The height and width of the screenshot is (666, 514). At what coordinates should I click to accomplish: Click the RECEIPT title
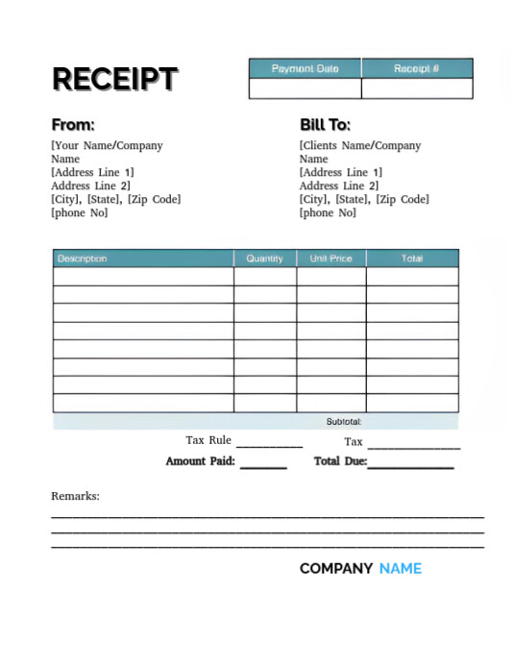(114, 79)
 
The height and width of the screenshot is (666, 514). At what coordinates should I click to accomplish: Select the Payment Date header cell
(305, 69)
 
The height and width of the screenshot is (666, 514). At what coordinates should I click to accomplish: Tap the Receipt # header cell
(417, 69)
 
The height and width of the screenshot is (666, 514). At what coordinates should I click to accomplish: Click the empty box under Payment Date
(305, 88)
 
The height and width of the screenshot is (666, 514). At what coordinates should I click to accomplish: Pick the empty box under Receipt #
(417, 88)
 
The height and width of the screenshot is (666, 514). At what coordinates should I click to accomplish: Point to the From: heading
(73, 125)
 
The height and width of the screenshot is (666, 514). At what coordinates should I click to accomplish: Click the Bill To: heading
(325, 125)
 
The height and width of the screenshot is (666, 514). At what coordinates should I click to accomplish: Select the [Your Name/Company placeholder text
(107, 146)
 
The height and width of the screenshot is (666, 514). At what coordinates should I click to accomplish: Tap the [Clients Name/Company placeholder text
(360, 146)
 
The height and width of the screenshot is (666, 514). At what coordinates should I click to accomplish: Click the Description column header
(83, 259)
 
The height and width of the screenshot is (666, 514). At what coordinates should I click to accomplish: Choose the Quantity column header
(264, 259)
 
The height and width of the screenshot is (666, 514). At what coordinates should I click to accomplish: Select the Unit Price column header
(330, 259)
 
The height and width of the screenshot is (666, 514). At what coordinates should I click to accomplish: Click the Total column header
(412, 259)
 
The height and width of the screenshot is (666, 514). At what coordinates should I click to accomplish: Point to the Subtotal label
(343, 422)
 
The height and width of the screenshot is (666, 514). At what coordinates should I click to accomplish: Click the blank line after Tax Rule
(269, 446)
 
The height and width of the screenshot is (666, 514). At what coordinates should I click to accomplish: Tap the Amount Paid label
(200, 462)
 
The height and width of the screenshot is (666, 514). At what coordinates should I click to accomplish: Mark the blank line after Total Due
(410, 467)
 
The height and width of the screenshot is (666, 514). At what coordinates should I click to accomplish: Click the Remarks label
(75, 497)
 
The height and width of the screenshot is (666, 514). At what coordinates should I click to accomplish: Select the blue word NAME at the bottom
(400, 568)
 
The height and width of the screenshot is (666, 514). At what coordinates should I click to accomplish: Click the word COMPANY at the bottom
(336, 568)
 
